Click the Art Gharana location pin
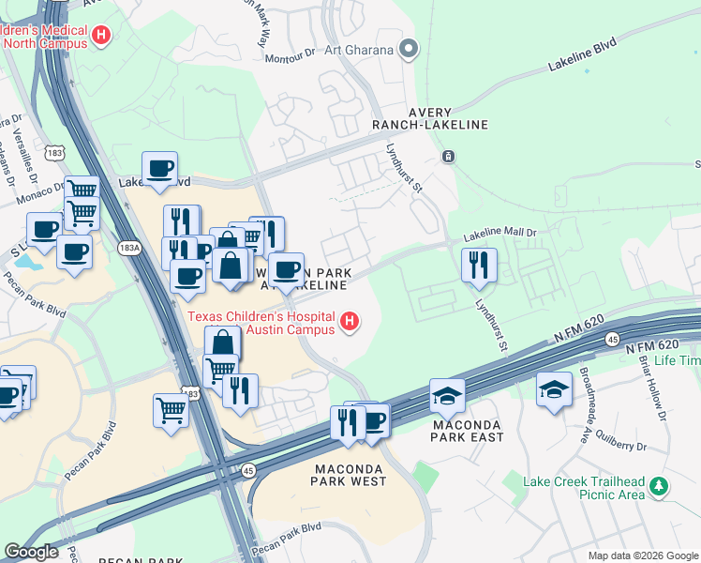tap(409, 49)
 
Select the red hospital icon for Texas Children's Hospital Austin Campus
tap(350, 322)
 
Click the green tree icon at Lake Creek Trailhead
tap(660, 485)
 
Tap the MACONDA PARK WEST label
tap(349, 474)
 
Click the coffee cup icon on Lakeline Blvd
tap(159, 168)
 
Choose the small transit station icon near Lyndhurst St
tap(450, 156)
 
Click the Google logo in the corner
tap(30, 551)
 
